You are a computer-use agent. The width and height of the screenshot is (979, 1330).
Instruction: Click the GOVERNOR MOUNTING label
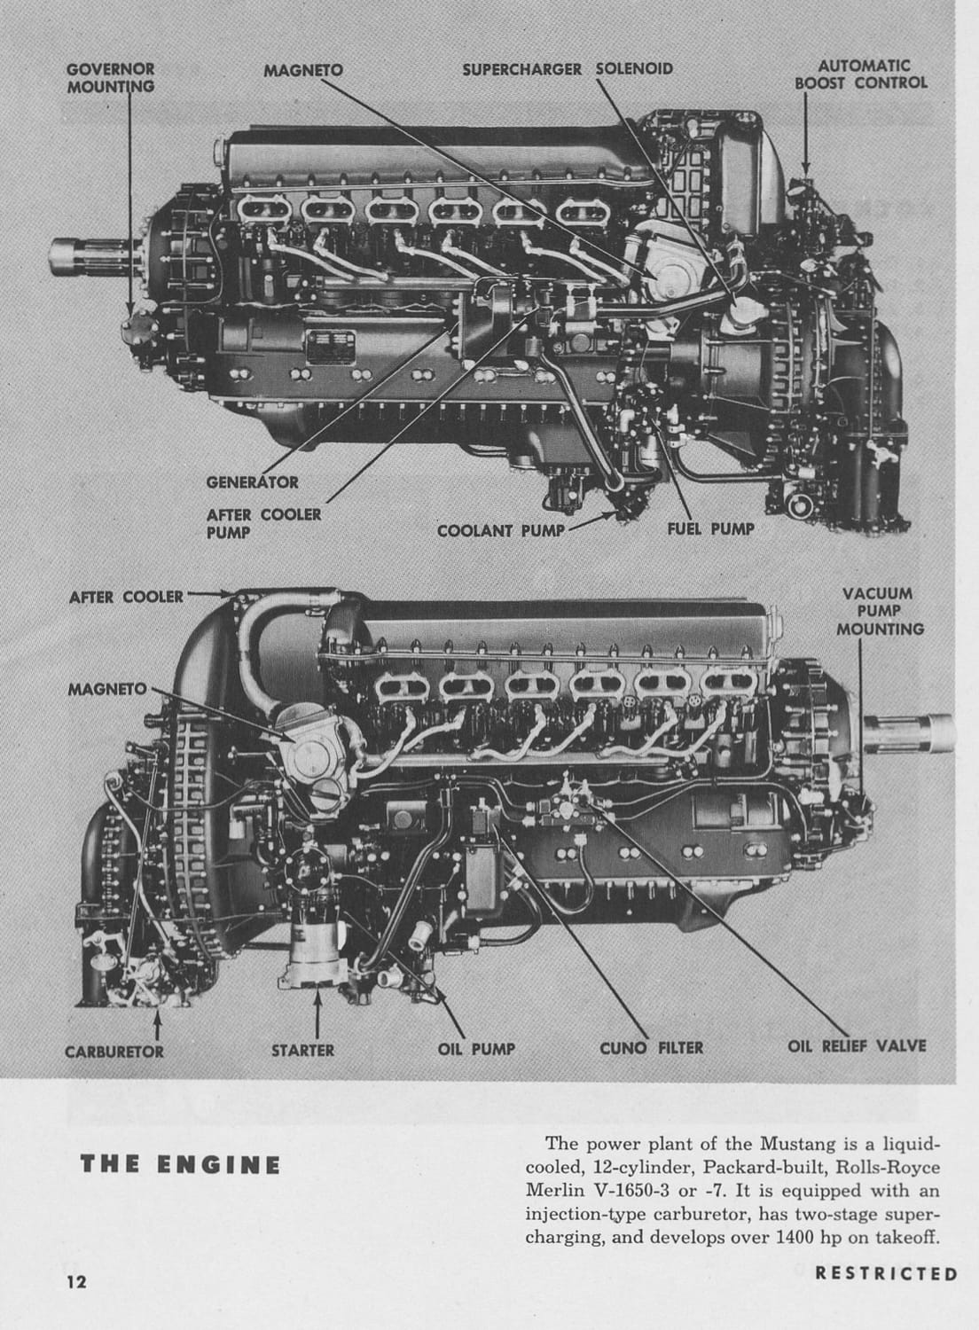tap(111, 77)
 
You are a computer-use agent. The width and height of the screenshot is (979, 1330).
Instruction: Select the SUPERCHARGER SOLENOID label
tap(568, 69)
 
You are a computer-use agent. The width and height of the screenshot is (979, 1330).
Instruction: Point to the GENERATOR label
tap(252, 482)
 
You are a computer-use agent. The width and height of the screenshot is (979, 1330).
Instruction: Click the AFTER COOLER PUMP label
tap(263, 522)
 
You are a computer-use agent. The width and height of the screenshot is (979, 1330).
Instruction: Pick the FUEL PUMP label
tap(710, 528)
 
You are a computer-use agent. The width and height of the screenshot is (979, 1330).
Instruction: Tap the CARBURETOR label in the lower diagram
tap(114, 1051)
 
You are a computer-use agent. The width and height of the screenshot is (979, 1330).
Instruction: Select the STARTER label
tap(302, 1051)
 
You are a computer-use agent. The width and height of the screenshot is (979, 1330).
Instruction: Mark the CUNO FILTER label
tap(651, 1048)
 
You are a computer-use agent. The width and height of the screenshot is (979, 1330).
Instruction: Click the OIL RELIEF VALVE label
tap(857, 1046)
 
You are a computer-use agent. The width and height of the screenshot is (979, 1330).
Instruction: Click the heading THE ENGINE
tap(181, 1164)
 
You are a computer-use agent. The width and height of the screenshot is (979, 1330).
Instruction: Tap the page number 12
tap(75, 1282)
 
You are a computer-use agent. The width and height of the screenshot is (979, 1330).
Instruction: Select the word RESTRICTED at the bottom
tap(886, 1274)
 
